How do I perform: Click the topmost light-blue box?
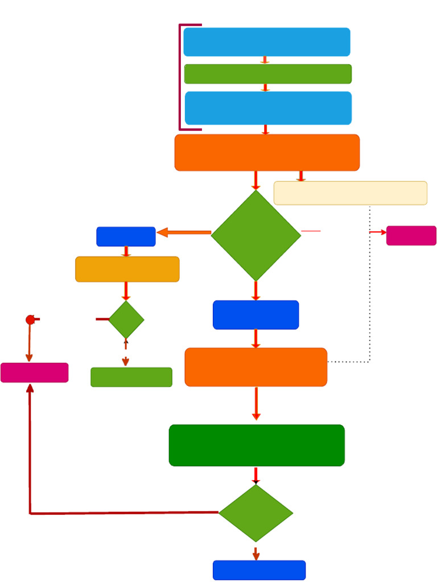coord(266,42)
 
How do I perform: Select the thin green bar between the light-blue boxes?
coord(267,74)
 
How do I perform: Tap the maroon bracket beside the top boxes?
coord(180,77)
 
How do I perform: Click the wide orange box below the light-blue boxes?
coord(267,152)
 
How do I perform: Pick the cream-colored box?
coord(350,193)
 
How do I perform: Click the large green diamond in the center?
coord(256,235)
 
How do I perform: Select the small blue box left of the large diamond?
coord(126,236)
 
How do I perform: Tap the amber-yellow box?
coord(127,269)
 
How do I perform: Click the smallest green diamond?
coord(126,320)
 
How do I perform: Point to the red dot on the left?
coord(30,320)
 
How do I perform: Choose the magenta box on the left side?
coord(34,373)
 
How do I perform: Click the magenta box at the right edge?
coord(411,235)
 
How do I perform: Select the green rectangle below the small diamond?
coord(131,377)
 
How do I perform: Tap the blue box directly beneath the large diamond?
coord(255,315)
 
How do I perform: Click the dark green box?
coord(257,445)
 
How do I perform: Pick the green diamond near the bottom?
coord(255,513)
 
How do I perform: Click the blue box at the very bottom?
coord(259,570)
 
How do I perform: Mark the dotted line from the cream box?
coord(370,284)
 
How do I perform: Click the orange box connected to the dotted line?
coord(255,367)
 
